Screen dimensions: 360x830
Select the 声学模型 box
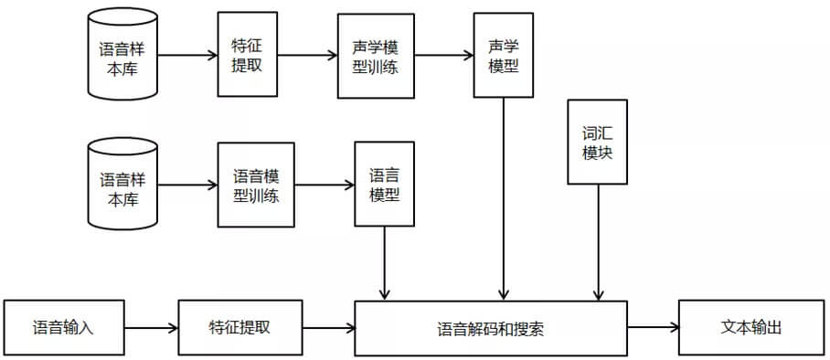[x=503, y=55]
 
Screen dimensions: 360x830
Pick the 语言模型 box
[x=384, y=184]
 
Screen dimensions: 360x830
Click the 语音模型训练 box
[x=256, y=184]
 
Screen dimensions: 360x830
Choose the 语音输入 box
[x=63, y=327]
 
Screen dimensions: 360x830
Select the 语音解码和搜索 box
[x=491, y=328]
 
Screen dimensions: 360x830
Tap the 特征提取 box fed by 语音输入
[x=239, y=327]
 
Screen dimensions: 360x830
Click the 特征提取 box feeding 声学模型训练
[x=247, y=55]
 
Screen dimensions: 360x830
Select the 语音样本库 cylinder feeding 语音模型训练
[x=122, y=184]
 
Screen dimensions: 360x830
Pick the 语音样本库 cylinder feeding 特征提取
[x=122, y=55]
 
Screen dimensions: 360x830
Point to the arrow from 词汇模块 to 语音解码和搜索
[x=598, y=242]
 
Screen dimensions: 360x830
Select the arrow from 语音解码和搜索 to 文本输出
[x=653, y=327]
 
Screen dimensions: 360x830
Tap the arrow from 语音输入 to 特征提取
[x=150, y=327]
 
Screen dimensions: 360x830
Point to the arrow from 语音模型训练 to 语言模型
[x=325, y=184]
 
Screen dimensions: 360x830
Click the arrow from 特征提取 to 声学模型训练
[x=307, y=55]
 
